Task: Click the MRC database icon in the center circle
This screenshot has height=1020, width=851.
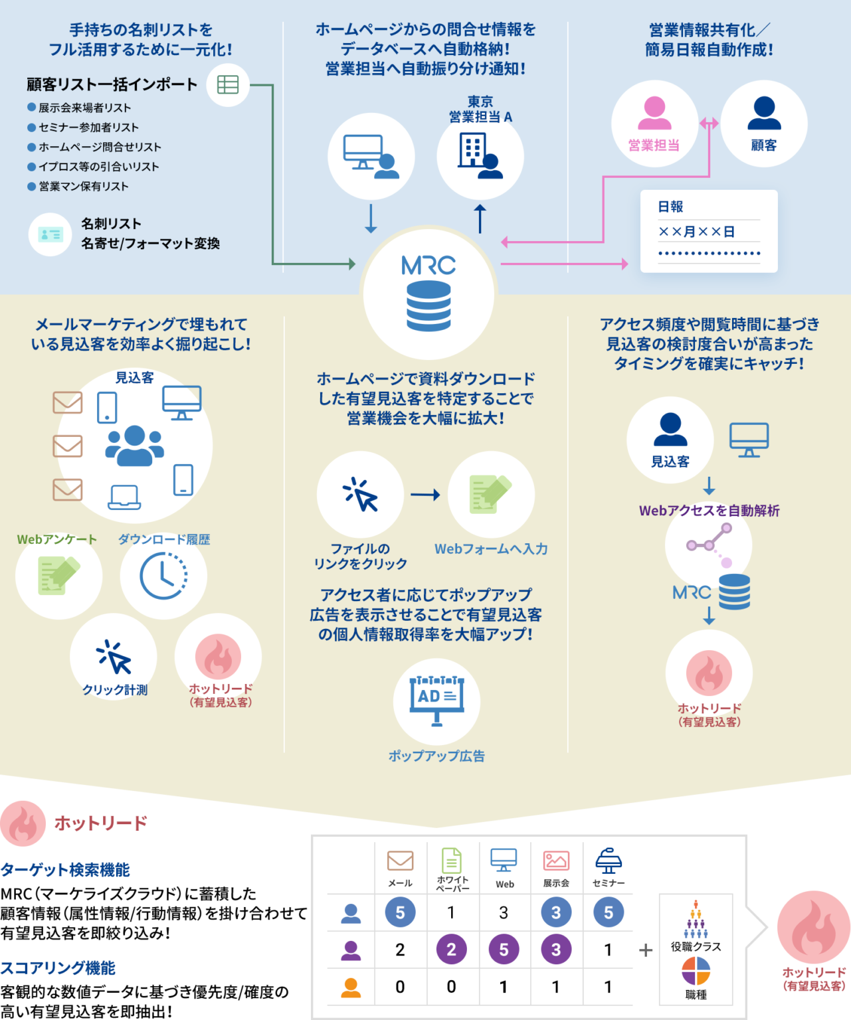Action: [x=428, y=305]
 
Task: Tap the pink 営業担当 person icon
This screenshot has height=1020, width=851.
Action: [x=654, y=114]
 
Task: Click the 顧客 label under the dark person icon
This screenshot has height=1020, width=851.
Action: [x=764, y=145]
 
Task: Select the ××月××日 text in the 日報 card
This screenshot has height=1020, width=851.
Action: [x=696, y=232]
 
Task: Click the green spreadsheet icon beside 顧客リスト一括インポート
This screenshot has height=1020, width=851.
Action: [x=228, y=85]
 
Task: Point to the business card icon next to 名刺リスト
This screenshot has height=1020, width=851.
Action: [x=50, y=234]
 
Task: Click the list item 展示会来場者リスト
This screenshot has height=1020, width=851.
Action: [x=84, y=108]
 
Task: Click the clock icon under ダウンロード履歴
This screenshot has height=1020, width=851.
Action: [x=163, y=576]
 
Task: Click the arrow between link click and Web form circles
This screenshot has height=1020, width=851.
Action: [x=425, y=495]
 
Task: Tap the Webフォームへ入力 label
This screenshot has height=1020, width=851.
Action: [x=491, y=549]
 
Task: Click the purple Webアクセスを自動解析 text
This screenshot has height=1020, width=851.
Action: [x=709, y=511]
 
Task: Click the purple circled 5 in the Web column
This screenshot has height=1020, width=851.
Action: [x=504, y=950]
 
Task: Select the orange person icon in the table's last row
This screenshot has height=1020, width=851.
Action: [x=351, y=987]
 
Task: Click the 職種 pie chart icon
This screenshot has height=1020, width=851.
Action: [x=696, y=972]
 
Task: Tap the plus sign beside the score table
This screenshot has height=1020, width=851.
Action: [x=645, y=950]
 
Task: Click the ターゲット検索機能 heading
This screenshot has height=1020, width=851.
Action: [x=65, y=870]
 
